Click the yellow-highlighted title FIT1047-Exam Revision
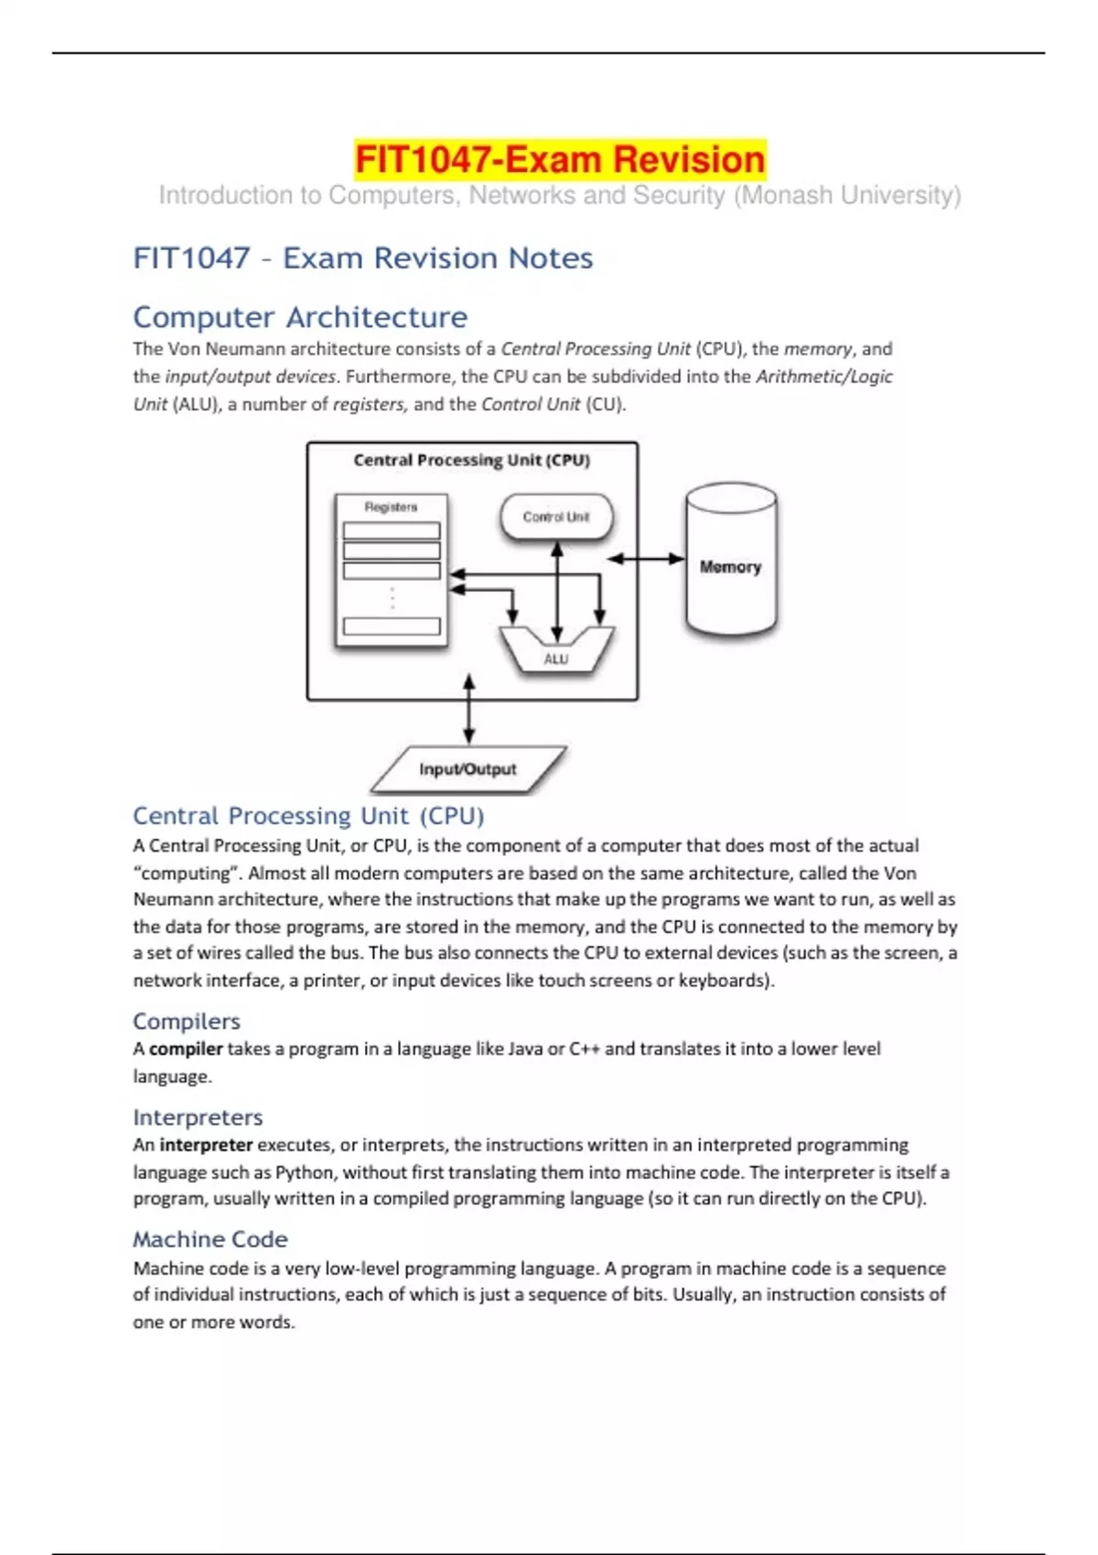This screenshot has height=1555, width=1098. point(559,160)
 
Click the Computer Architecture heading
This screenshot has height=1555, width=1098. point(300,317)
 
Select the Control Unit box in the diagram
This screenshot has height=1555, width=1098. point(556,517)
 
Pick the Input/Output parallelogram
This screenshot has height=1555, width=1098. point(468,769)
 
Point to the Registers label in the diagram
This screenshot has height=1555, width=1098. point(391,507)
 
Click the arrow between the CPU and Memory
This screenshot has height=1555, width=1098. point(646,559)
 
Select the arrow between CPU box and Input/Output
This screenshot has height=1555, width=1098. point(468,709)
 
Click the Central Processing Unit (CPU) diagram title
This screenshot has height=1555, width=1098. point(471,460)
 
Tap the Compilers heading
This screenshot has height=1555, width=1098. point(187,1021)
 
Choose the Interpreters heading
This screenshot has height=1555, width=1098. point(198,1117)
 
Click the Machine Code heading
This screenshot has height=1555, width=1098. point(210,1239)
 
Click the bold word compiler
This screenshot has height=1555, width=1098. point(186,1049)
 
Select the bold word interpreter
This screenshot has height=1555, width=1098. point(206,1145)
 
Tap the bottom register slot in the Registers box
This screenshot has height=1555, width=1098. point(392,627)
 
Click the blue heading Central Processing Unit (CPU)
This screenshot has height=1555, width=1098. point(308,816)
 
